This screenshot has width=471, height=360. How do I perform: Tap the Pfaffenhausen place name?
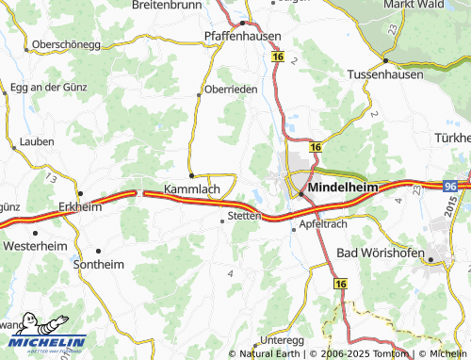coord(241,36)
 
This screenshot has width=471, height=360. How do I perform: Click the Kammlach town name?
coord(191,188)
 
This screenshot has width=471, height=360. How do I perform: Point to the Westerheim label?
coord(35,245)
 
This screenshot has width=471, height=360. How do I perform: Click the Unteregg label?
coord(282,339)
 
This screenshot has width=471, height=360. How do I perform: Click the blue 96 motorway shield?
coord(450,188)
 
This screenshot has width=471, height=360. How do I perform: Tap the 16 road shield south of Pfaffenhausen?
coord(278,57)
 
